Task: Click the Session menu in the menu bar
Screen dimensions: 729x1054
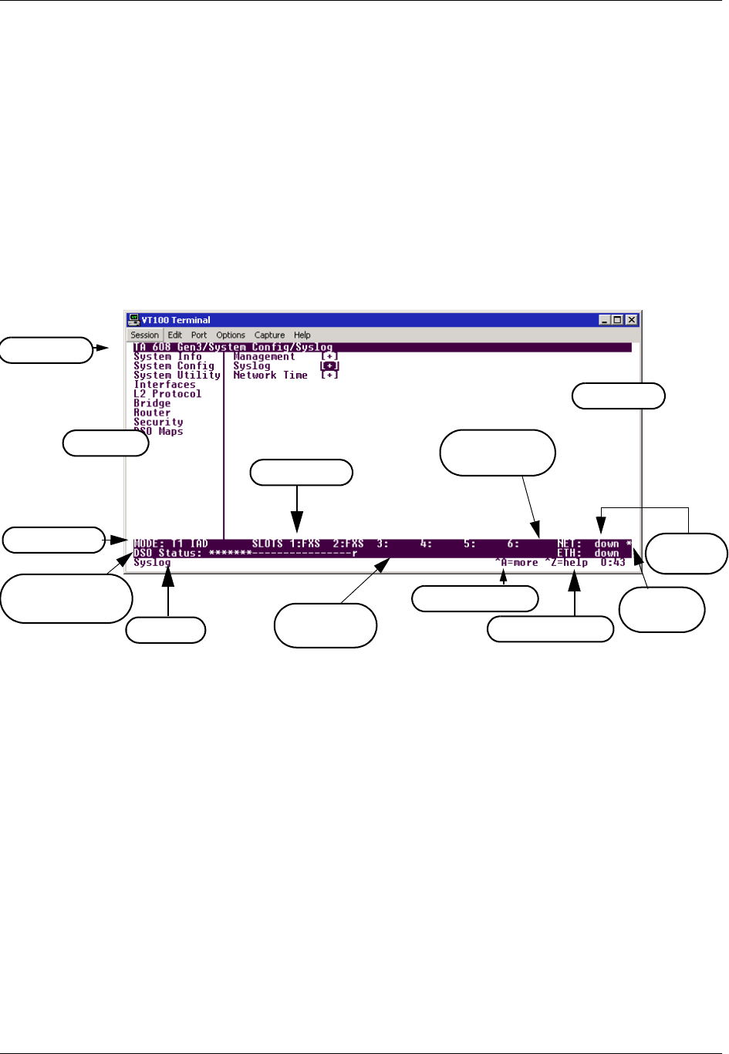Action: click(144, 335)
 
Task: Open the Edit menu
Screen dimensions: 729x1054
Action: click(175, 335)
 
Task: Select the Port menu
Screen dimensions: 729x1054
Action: click(199, 335)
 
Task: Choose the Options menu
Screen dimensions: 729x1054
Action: click(231, 335)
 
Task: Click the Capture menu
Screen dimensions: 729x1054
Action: click(269, 335)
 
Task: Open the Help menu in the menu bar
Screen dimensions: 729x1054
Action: click(302, 335)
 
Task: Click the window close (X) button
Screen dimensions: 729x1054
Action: click(632, 320)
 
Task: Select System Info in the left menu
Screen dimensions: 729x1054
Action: click(167, 357)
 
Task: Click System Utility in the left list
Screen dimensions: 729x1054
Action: click(177, 375)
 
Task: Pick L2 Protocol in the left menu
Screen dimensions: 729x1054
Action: click(167, 394)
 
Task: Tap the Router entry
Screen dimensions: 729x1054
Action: click(152, 413)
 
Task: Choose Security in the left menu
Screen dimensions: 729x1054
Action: click(158, 422)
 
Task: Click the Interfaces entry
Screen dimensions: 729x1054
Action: click(164, 385)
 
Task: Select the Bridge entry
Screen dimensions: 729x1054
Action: click(152, 403)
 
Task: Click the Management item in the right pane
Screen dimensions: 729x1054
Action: click(264, 357)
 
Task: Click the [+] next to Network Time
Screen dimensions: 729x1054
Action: click(329, 375)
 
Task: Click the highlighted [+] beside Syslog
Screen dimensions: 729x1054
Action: click(329, 366)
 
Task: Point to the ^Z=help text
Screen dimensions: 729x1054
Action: click(566, 563)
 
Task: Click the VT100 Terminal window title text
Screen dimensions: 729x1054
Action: click(176, 320)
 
